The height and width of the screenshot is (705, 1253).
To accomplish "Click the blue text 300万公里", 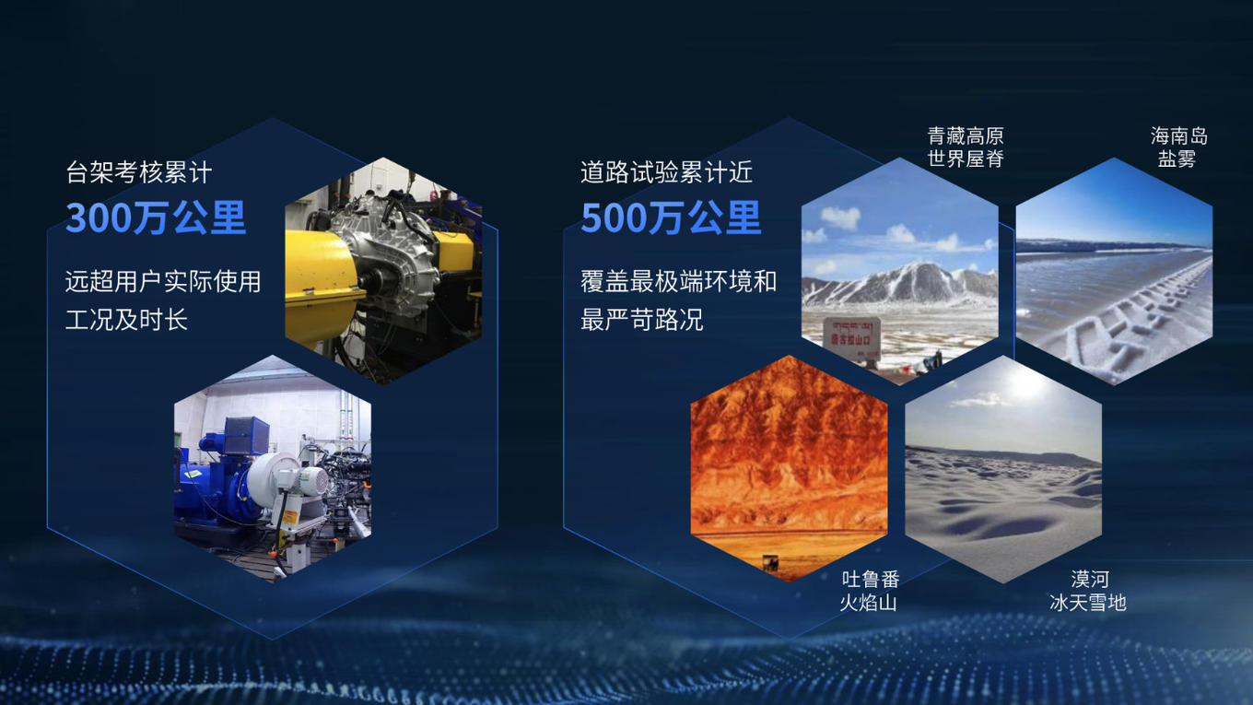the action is tap(156, 217).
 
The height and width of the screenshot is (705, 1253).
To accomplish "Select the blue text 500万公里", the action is tap(671, 217).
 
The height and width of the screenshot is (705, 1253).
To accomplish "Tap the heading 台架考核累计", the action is tap(139, 172).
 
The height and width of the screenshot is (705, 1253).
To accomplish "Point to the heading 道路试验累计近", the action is tap(666, 172).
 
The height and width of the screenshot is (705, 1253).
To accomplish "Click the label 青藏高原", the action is tap(966, 136).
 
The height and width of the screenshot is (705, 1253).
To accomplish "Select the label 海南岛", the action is tap(1178, 136).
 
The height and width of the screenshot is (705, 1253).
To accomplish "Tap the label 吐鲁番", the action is tap(871, 579).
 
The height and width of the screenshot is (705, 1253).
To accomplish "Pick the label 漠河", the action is tap(1090, 579).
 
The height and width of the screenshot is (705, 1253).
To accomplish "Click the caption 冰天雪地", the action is tap(1088, 603).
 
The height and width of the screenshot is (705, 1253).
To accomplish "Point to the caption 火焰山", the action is tap(868, 603).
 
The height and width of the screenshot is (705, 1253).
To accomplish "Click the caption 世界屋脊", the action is tap(966, 159).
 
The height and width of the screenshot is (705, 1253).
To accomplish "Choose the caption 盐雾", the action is tap(1177, 159).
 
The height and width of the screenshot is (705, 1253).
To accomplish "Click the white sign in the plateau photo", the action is tap(852, 338).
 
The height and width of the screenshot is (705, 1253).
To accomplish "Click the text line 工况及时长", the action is tap(126, 320).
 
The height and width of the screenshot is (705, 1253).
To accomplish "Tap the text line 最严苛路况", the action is tap(641, 320).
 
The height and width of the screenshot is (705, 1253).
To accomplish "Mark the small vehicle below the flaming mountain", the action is tap(771, 562).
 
